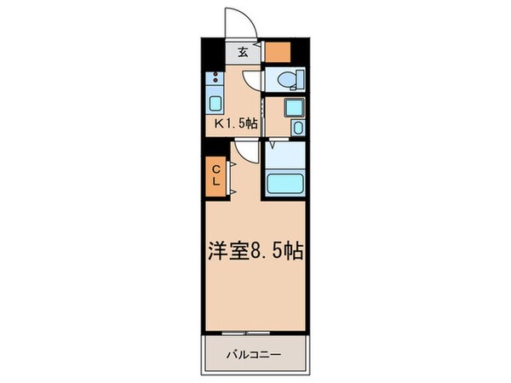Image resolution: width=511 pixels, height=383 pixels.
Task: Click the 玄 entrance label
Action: point(243,53)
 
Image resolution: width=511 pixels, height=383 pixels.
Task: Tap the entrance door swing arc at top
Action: point(234,21)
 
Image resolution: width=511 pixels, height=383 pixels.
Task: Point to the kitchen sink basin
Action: point(215,105)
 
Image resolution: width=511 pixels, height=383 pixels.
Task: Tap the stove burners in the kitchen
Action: point(215,84)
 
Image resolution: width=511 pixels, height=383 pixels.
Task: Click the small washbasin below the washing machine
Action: point(296,128)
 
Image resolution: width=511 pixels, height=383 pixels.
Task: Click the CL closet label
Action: point(215,176)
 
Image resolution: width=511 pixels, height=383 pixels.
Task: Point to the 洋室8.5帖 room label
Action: point(255,253)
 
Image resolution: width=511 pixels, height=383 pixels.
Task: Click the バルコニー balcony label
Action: point(253,352)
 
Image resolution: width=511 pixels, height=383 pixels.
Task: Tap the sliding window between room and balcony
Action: point(254,330)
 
